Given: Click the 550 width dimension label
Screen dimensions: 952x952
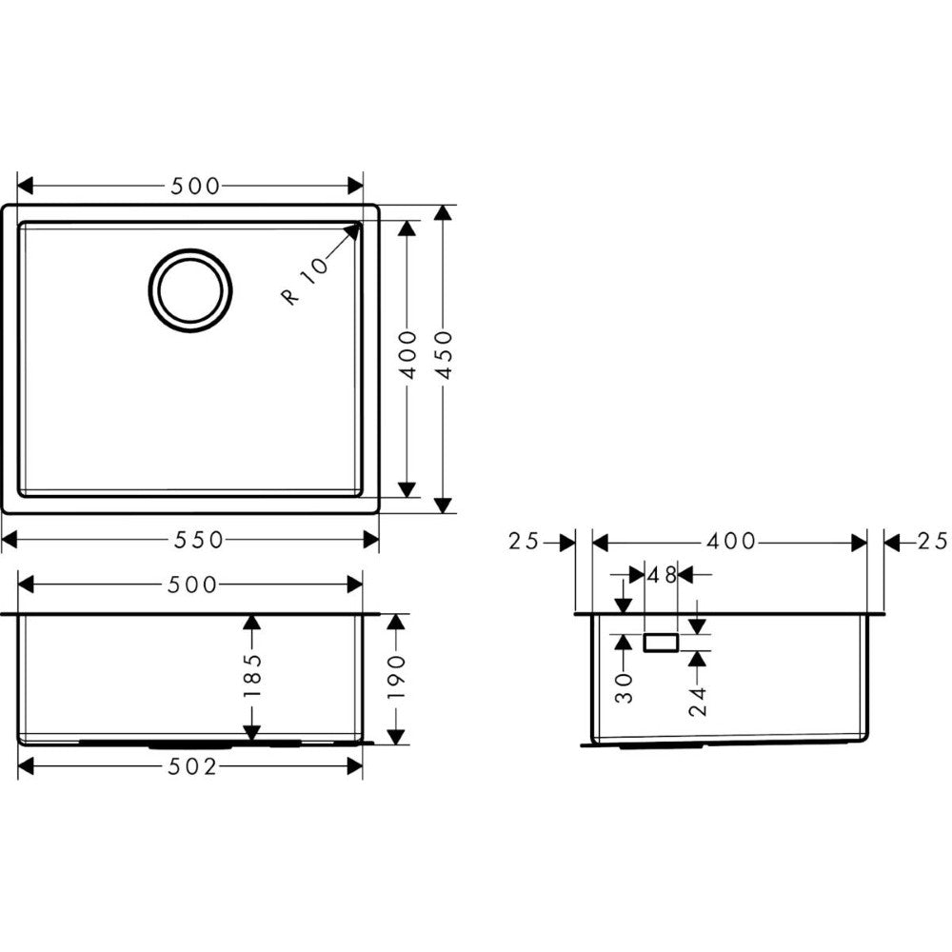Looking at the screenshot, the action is click(199, 539).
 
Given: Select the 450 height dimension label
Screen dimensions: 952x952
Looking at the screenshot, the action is click(445, 354).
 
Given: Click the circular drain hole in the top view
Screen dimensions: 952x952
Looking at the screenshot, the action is click(190, 290).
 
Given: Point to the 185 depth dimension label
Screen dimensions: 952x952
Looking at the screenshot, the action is click(252, 675).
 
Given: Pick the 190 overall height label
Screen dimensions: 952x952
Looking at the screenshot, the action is click(396, 676).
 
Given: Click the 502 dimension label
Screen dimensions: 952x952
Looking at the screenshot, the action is click(192, 766).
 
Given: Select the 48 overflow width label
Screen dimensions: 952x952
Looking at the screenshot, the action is click(662, 574).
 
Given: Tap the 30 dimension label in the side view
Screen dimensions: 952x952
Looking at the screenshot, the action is click(625, 688).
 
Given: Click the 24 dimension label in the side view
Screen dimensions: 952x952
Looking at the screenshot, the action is click(699, 702).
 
